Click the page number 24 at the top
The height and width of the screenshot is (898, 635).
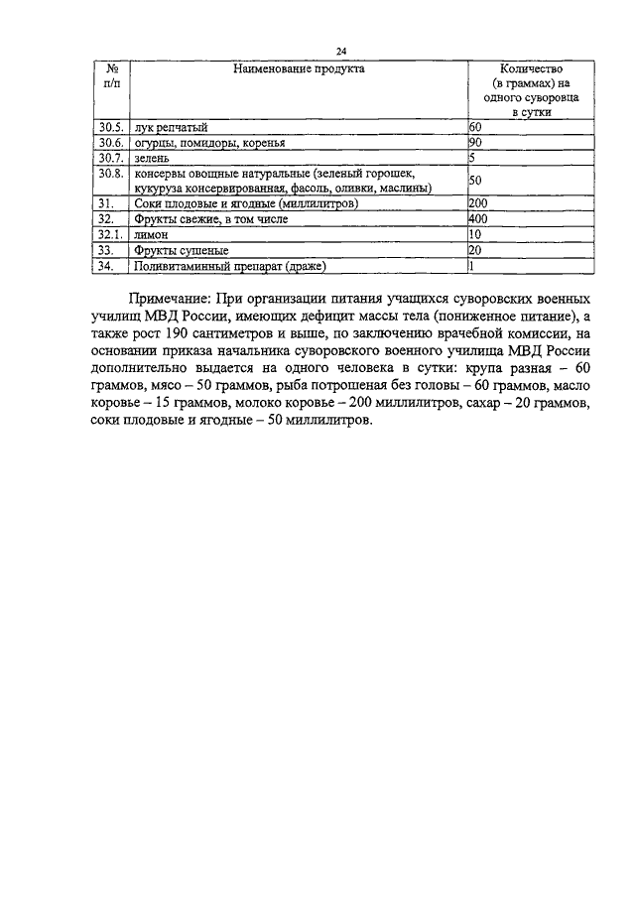click(x=341, y=52)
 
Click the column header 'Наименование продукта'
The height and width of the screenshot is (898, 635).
click(x=299, y=69)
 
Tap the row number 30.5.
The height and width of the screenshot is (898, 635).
click(x=110, y=128)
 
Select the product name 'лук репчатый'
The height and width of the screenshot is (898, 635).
click(x=171, y=128)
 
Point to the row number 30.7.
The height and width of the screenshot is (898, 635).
click(x=110, y=158)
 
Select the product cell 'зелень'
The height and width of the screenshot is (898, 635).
click(x=154, y=158)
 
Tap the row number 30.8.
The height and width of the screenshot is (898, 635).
click(x=110, y=174)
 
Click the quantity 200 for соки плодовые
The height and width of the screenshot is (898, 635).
click(x=478, y=203)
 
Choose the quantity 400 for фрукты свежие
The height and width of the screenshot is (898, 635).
click(x=478, y=218)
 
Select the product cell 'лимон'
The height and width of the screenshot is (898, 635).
click(x=154, y=234)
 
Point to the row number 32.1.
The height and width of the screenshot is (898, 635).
click(x=110, y=234)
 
